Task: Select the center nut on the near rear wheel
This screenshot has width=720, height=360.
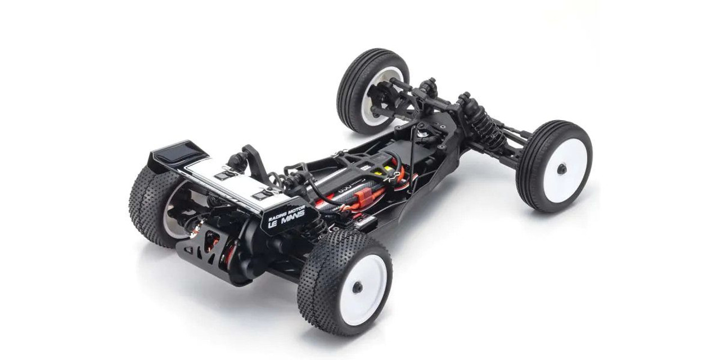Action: pos(358,287)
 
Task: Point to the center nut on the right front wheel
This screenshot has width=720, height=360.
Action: pos(561,169)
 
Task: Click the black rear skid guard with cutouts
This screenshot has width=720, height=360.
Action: pos(202,247)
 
